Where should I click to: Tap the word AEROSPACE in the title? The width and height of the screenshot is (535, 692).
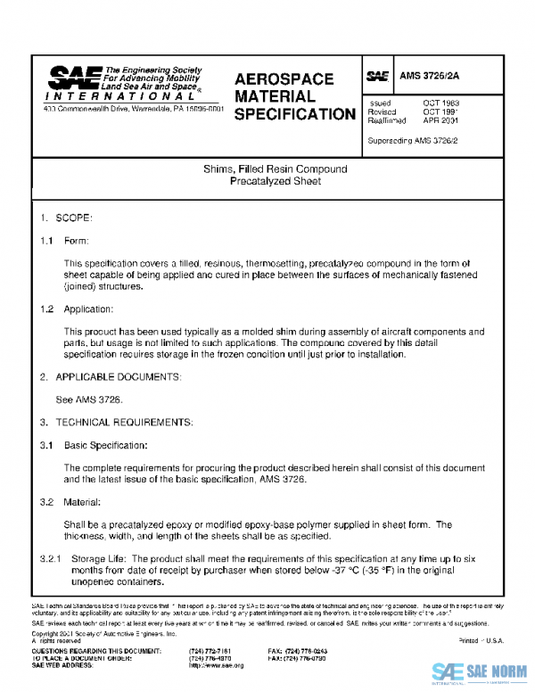(x=284, y=78)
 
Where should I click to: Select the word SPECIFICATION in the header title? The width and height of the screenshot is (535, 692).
(x=295, y=114)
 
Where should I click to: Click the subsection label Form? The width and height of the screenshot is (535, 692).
(x=76, y=242)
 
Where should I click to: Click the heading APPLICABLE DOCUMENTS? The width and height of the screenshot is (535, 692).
(x=118, y=377)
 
